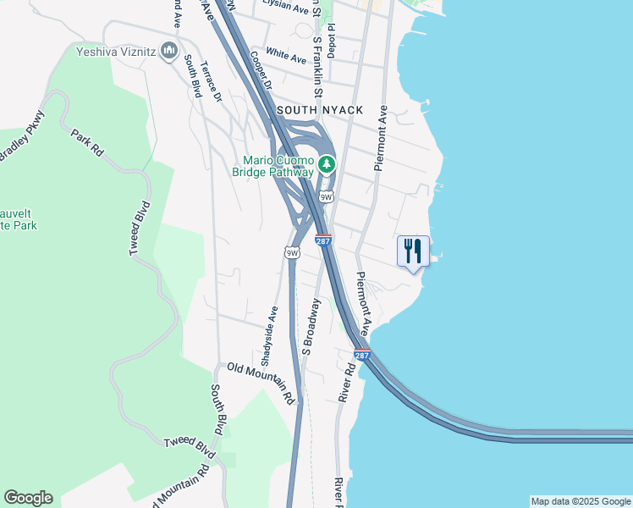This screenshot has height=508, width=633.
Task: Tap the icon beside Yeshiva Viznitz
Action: pyautogui.click(x=169, y=51)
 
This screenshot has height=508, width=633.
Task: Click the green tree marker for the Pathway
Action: pyautogui.click(x=327, y=164)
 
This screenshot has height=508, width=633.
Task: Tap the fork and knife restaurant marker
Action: pyautogui.click(x=413, y=251)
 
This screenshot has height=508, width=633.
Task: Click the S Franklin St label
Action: pyautogui.click(x=318, y=59)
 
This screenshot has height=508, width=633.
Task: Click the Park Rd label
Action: pyautogui.click(x=86, y=141)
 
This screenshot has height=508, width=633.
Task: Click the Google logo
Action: pyautogui.click(x=28, y=498)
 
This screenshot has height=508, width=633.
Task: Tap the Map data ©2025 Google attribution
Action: pyautogui.click(x=580, y=501)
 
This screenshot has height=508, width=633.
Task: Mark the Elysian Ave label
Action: pyautogui.click(x=286, y=7)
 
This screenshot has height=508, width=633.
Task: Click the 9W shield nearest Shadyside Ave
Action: pyautogui.click(x=292, y=252)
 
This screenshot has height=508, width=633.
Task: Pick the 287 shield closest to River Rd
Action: pyautogui.click(x=362, y=355)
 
